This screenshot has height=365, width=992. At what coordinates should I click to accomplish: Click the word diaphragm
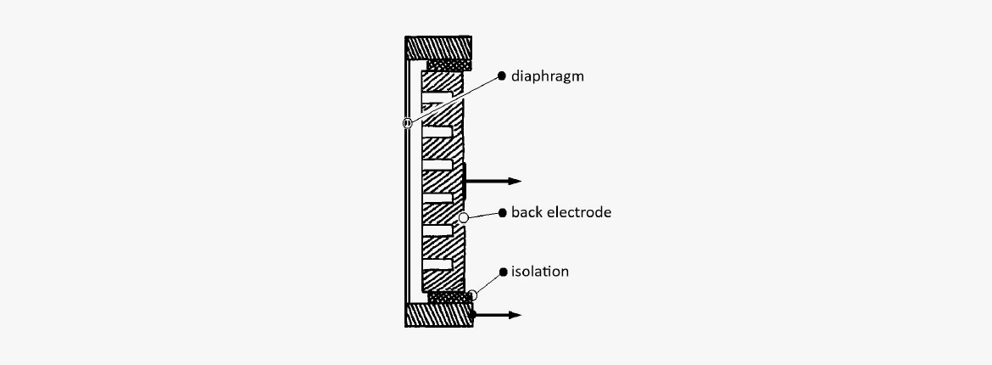click(x=547, y=76)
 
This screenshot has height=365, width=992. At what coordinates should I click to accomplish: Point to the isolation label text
click(x=539, y=272)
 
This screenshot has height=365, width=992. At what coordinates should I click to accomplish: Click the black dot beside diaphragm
click(x=502, y=76)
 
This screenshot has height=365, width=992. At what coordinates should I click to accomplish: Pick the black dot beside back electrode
click(x=502, y=212)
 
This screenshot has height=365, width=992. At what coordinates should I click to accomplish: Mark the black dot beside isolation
click(x=503, y=272)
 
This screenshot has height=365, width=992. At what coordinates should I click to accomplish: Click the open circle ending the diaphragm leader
click(x=408, y=123)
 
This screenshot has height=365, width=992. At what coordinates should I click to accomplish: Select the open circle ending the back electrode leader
click(x=464, y=218)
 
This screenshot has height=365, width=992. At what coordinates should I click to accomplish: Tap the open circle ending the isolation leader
click(x=472, y=295)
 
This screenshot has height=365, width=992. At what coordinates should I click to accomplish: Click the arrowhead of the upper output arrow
click(x=515, y=182)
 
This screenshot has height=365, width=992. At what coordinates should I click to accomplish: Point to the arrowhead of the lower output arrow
click(x=515, y=315)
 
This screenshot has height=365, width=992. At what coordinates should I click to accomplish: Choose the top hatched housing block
click(x=437, y=48)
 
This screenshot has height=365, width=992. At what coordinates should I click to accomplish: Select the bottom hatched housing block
click(x=438, y=315)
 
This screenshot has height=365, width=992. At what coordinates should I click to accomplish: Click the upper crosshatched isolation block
click(x=449, y=65)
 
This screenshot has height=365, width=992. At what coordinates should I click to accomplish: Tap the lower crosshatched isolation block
click(x=449, y=297)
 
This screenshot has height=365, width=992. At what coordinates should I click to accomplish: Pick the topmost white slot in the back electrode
click(x=437, y=98)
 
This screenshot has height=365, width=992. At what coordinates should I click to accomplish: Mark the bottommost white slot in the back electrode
click(x=437, y=264)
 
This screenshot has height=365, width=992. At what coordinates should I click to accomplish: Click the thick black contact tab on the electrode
click(x=465, y=181)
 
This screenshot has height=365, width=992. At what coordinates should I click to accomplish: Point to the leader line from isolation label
click(x=488, y=284)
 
